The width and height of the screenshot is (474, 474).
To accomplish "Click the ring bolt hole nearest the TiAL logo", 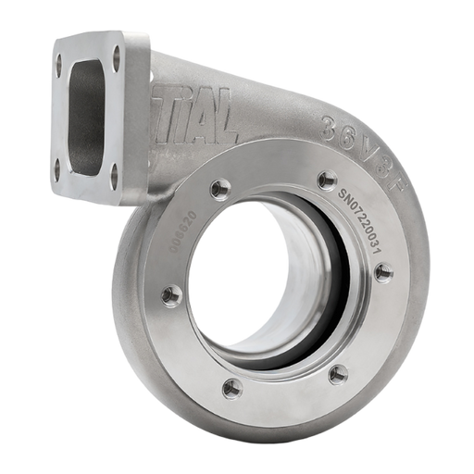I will (x=218, y=190).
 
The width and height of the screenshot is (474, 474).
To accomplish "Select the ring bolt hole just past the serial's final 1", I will (x=383, y=272).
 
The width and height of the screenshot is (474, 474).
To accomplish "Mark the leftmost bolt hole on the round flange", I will (x=168, y=295).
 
